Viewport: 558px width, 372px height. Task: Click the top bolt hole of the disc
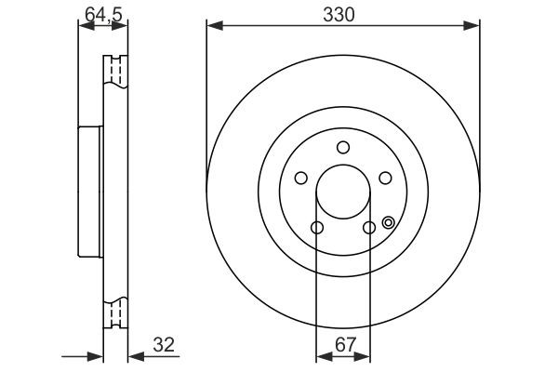coord(343,147)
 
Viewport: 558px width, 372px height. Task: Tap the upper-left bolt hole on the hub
coord(301,179)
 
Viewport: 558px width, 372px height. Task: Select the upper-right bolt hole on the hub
coord(385,179)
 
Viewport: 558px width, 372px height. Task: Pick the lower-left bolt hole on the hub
coord(317,228)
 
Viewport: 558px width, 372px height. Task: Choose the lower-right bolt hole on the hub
coord(369,228)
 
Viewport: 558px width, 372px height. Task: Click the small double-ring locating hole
coord(388,222)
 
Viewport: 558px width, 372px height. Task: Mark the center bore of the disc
coord(343,192)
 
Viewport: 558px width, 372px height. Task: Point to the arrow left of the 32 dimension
coord(94,355)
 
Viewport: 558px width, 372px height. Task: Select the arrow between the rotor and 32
coord(133,355)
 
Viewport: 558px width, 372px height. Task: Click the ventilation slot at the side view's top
coord(116,73)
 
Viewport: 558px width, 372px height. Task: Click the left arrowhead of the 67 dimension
coord(322,355)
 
